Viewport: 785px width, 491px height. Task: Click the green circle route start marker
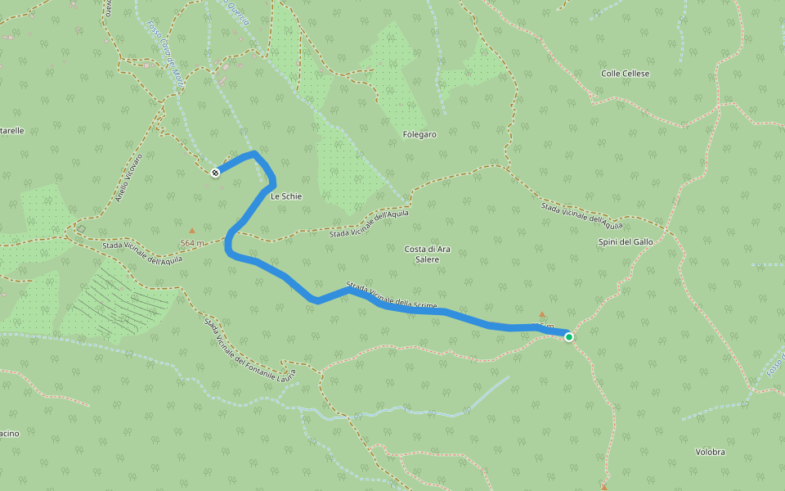[568, 336]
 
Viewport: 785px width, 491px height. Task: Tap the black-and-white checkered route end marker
[215, 173]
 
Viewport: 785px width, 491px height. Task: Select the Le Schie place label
[286, 196]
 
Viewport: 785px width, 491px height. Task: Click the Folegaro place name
[419, 134]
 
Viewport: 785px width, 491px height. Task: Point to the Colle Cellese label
[625, 74]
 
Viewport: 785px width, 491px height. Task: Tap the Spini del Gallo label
[626, 242]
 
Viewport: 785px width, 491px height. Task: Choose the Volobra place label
[710, 452]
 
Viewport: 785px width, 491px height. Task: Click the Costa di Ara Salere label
[427, 254]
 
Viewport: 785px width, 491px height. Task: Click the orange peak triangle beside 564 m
[192, 231]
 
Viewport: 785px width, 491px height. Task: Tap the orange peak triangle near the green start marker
[541, 314]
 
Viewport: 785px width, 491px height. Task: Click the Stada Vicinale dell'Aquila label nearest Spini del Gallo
[581, 215]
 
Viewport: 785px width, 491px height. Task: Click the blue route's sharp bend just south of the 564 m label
[228, 245]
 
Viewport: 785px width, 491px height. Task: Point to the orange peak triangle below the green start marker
[604, 487]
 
